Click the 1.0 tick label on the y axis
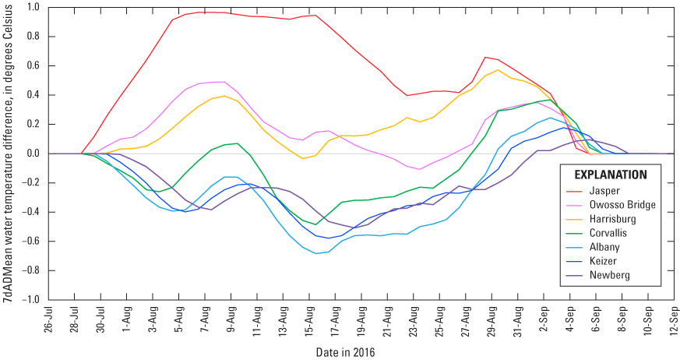click(33, 8)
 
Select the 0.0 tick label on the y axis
click(33, 154)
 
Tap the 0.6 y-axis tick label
click(33, 66)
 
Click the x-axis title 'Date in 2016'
click(345, 351)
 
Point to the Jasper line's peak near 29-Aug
click(485, 57)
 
